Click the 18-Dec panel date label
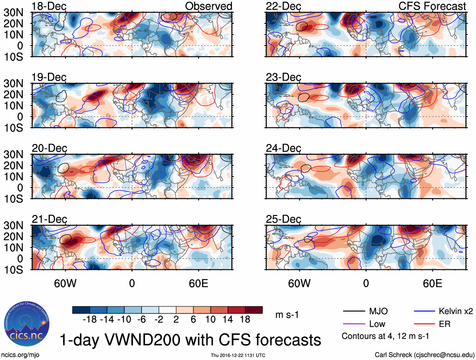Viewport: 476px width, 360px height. click(49, 6)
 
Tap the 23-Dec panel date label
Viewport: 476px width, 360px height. click(283, 77)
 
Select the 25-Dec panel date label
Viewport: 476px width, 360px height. click(283, 219)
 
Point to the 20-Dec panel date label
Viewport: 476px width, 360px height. click(49, 148)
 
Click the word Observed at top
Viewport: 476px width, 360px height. click(208, 6)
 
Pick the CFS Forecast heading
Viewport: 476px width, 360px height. click(432, 6)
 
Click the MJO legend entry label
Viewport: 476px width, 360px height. click(378, 311)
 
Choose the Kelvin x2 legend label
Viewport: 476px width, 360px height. click(456, 311)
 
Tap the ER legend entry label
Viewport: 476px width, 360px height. click(444, 324)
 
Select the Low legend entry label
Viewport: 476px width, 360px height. click(377, 324)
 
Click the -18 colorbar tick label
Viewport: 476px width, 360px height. click(90, 320)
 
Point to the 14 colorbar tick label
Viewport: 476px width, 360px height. click(228, 320)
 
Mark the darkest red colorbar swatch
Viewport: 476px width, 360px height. click(254, 310)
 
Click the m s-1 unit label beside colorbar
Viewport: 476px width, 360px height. click(287, 315)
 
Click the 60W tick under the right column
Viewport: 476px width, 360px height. click(299, 283)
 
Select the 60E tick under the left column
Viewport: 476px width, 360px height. click(198, 283)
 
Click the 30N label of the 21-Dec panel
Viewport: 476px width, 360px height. click(13, 225)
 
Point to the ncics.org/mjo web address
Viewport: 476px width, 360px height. click(20, 355)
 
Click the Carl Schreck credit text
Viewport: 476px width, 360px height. click(424, 355)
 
